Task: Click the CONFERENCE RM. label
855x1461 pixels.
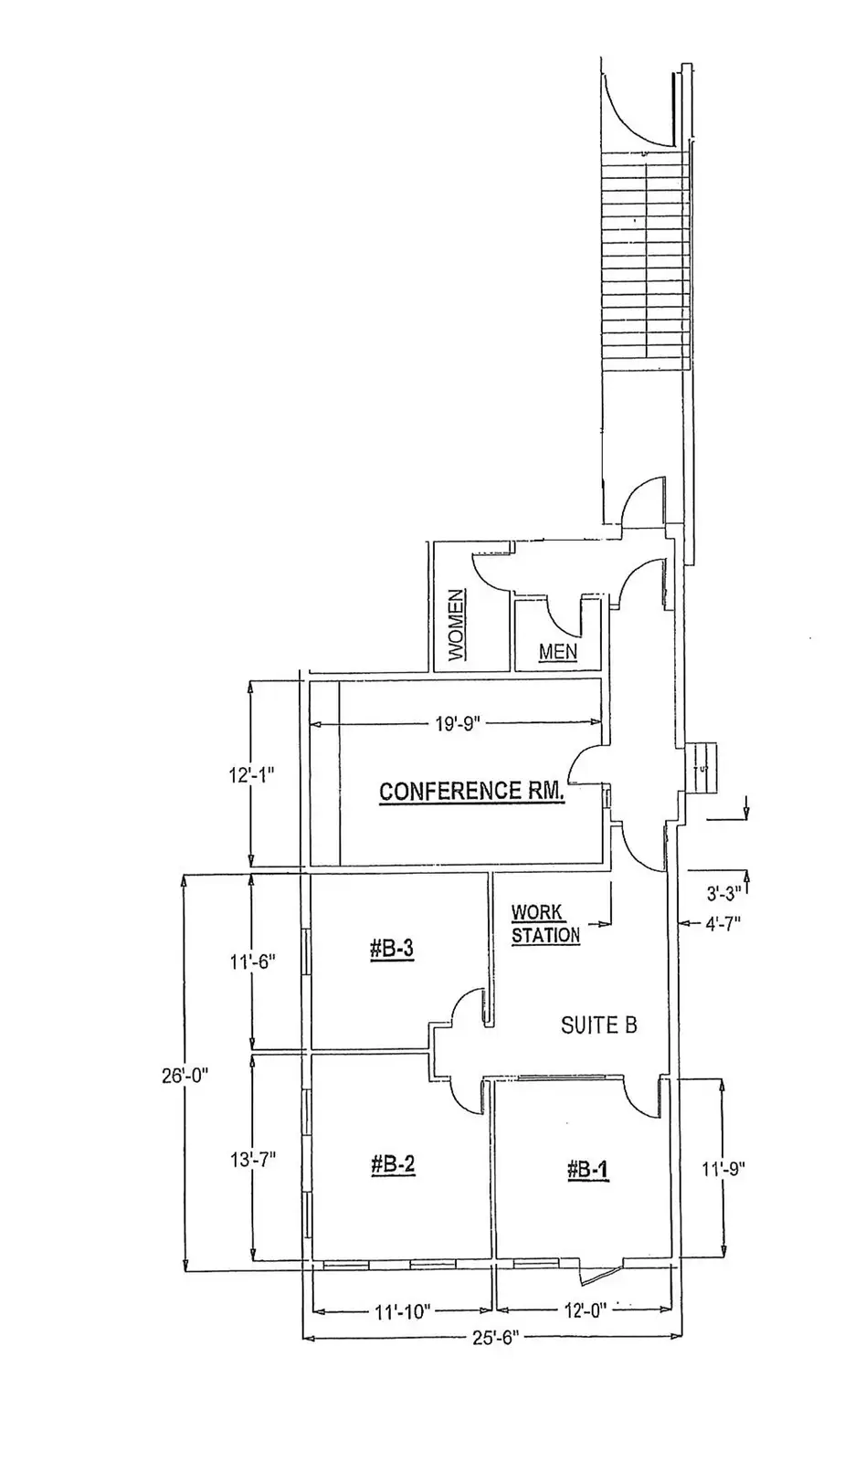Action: point(472,791)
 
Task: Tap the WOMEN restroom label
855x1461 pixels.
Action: point(456,625)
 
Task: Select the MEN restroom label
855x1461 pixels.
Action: point(557,652)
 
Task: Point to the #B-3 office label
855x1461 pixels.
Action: point(392,950)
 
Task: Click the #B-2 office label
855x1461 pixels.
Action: point(394,1165)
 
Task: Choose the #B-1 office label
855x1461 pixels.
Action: point(587,1170)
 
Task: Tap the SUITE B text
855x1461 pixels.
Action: point(598,1025)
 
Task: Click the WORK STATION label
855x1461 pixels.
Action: point(544,924)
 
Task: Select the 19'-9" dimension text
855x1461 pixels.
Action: point(457,725)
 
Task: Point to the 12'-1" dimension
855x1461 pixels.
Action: point(251,774)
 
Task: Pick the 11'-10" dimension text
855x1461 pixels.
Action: point(402,1312)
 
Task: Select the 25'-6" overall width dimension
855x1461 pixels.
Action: point(496,1339)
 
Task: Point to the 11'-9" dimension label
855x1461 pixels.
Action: point(723,1170)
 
